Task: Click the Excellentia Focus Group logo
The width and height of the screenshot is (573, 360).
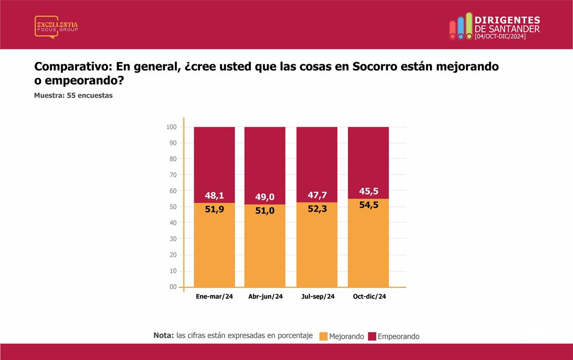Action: [56, 27]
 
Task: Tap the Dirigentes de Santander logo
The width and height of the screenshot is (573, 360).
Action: [494, 26]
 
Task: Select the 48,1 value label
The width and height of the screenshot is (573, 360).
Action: [214, 195]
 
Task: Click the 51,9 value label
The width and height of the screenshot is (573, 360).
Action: [214, 209]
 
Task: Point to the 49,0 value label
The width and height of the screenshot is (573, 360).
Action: [265, 197]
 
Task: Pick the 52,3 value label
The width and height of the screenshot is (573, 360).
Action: [317, 209]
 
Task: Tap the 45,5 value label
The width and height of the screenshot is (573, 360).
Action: [369, 191]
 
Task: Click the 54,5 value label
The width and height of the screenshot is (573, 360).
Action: [369, 205]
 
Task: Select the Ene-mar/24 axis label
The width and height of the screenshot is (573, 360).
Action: [214, 296]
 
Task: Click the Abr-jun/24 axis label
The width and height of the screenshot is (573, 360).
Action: [266, 296]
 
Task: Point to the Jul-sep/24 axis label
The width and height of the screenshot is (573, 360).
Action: [318, 296]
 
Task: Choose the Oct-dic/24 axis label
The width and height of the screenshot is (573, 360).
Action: [369, 296]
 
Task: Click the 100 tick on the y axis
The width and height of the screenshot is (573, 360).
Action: [171, 127]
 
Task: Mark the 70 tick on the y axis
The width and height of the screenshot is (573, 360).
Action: [173, 175]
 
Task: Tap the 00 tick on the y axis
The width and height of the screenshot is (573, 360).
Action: [173, 287]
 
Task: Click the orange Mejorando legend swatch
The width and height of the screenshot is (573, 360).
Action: [324, 336]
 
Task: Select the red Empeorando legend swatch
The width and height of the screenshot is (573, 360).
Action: [372, 336]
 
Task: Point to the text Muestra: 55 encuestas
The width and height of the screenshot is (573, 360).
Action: [74, 95]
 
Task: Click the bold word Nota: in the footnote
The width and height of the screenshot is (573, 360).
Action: [164, 335]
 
